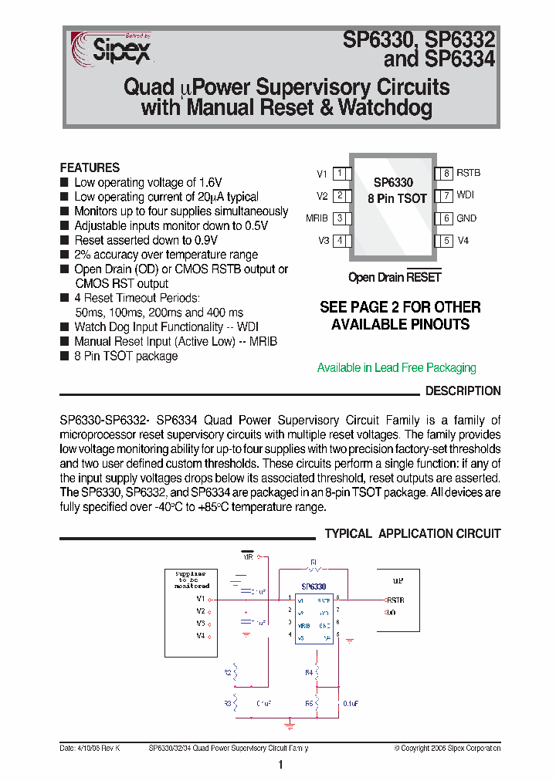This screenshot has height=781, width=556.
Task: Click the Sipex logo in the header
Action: pos(112,50)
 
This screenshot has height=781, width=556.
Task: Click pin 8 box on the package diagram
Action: pos(446,174)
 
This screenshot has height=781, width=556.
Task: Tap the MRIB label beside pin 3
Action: pos(317,218)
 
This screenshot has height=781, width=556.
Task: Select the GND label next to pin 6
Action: pos(466,218)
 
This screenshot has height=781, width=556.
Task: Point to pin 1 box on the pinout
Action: pos(340,174)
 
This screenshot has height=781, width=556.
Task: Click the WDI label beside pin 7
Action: pos(465,196)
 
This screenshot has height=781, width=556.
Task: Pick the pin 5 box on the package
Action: pos(446,241)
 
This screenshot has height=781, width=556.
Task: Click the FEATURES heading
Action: pos(90,167)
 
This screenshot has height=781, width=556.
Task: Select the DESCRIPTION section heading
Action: pos(463,391)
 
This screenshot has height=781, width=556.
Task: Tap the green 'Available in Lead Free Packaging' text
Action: pos(396,368)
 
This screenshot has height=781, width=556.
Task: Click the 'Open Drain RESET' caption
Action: pos(395,278)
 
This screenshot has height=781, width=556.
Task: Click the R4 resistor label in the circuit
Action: pos(308,673)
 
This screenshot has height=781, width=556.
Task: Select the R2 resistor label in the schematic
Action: pos(228,673)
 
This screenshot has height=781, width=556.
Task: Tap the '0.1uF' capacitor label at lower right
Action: pos(350,704)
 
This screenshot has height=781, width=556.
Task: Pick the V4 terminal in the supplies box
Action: pos(200,635)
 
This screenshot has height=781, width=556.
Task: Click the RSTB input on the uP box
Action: pos(395,600)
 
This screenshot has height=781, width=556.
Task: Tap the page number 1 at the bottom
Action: pos(280,766)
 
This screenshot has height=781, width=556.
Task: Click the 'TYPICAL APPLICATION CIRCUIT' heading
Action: pos(412,534)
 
